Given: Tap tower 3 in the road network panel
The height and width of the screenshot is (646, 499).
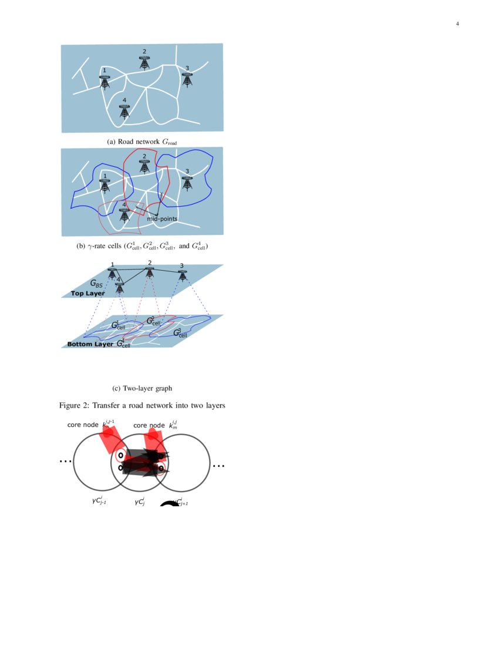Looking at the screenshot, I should (187, 79).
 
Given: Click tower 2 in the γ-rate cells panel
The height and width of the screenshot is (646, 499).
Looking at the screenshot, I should (144, 166).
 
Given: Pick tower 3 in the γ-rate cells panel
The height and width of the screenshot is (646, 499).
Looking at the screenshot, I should (187, 183).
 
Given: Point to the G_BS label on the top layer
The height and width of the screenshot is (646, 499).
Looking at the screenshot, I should (96, 284).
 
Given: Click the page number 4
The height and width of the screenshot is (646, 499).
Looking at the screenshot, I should (457, 24).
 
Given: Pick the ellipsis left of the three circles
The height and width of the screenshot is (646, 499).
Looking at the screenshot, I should (65, 462).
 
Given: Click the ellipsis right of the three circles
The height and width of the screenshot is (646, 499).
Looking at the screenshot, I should (218, 466).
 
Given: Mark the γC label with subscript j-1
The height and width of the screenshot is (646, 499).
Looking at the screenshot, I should (99, 502).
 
